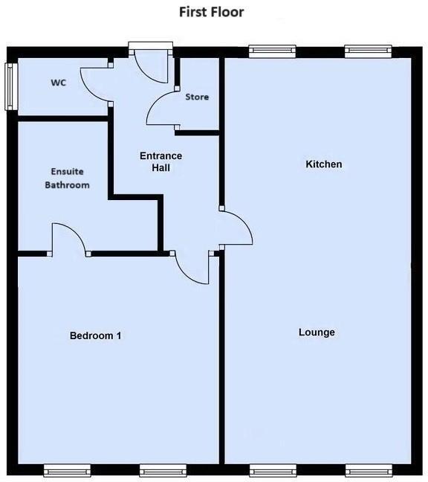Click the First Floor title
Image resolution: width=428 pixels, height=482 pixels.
[211, 12]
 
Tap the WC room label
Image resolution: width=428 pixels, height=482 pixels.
[59, 83]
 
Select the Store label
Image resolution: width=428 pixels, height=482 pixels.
[197, 97]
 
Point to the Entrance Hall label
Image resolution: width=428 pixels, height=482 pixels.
[161, 161]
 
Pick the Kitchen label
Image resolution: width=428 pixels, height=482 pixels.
[324, 164]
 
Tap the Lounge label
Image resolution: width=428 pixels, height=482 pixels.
[317, 332]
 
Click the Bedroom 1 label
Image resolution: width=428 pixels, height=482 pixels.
[95, 335]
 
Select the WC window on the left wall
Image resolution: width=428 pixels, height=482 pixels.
[10, 87]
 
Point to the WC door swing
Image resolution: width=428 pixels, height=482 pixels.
[94, 82]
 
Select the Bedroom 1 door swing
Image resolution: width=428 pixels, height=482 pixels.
[192, 268]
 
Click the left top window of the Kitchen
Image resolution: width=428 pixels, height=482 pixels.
[271, 51]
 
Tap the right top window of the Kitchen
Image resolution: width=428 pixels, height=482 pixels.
[367, 51]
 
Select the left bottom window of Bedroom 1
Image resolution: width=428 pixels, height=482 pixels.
[67, 469]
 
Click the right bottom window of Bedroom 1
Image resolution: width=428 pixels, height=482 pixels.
[163, 469]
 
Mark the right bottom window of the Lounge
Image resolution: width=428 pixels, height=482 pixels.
[367, 469]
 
